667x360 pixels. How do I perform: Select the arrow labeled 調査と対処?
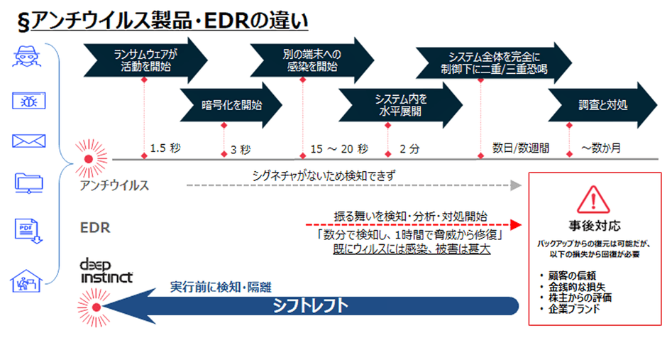click(603, 106)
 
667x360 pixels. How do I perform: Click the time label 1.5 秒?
click(166, 149)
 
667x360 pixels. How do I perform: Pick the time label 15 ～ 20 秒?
click(339, 149)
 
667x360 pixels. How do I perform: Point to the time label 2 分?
click(409, 149)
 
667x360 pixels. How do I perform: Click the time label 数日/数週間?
click(521, 149)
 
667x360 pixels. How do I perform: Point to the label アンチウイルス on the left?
click(114, 185)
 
